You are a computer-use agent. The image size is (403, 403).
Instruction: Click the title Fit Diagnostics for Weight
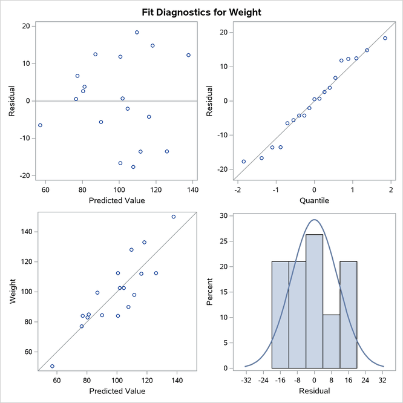pyautogui.click(x=201, y=11)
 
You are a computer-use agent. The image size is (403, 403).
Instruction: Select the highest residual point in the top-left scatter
pyautogui.click(x=137, y=32)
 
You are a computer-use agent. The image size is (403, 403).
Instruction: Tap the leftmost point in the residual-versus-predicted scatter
pyautogui.click(x=40, y=125)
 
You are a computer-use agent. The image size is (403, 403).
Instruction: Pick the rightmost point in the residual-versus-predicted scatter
pyautogui.click(x=188, y=55)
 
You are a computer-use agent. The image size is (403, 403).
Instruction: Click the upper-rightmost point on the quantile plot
pyautogui.click(x=385, y=38)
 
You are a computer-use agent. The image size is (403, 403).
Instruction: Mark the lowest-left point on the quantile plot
pyautogui.click(x=244, y=162)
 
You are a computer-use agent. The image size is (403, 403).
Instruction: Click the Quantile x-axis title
pyautogui.click(x=314, y=200)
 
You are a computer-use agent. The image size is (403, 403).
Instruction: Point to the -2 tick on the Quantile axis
pyautogui.click(x=237, y=190)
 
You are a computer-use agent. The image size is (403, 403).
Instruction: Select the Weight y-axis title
pyautogui.click(x=11, y=291)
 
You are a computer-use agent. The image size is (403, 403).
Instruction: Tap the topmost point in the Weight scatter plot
pyautogui.click(x=174, y=217)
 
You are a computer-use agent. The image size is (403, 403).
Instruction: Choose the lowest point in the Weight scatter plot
pyautogui.click(x=52, y=366)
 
